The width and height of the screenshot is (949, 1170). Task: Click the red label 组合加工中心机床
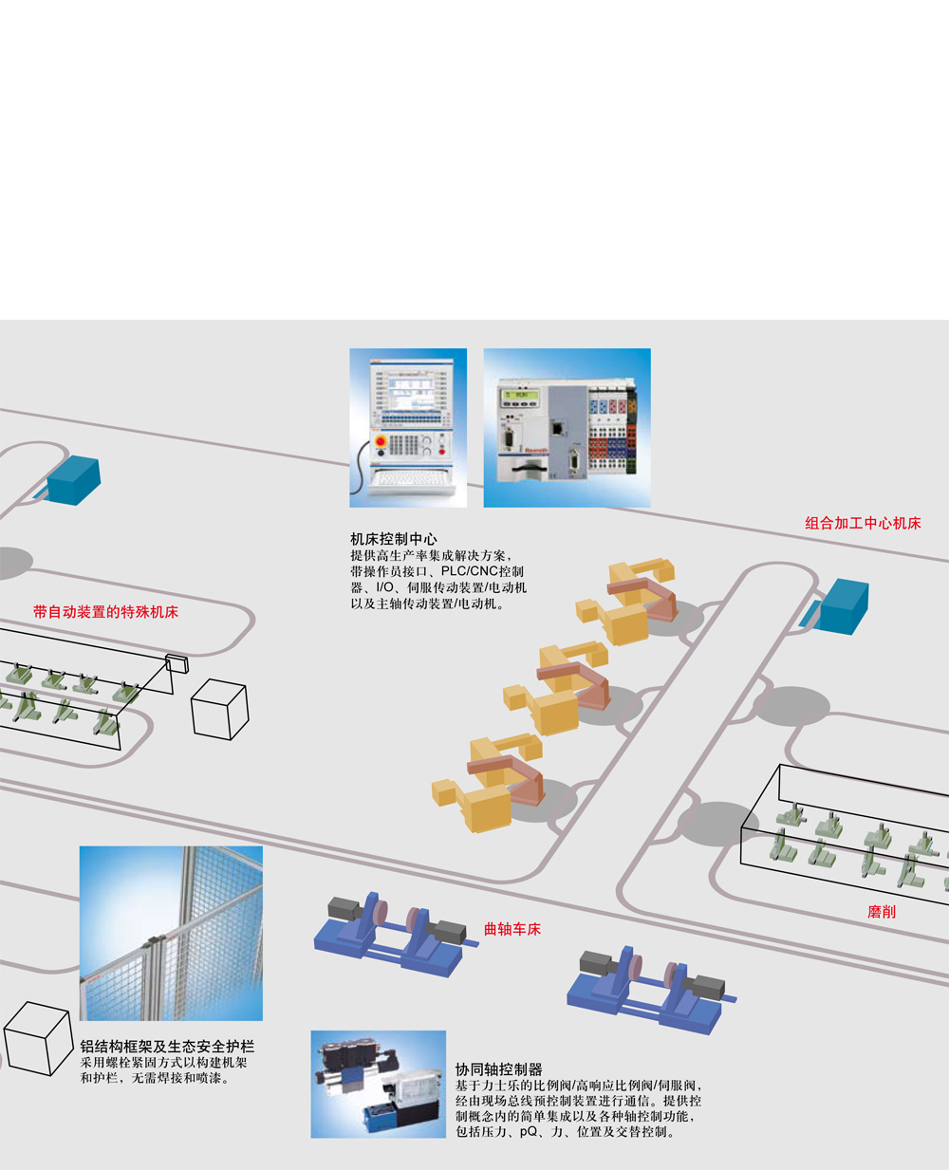click(863, 523)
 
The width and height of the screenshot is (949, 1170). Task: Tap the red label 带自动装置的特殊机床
click(105, 612)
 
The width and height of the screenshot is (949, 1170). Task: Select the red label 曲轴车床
click(512, 929)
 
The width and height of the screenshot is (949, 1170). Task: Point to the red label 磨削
click(882, 912)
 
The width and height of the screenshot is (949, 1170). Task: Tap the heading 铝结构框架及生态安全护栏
click(167, 1046)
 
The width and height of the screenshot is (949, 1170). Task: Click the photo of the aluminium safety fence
click(171, 933)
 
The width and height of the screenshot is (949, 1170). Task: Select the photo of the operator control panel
click(408, 427)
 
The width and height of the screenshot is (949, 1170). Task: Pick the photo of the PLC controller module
click(567, 427)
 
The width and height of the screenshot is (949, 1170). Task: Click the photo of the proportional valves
click(377, 1084)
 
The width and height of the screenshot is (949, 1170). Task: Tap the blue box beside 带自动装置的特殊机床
click(72, 481)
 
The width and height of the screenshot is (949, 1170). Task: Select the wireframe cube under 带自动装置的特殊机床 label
click(219, 708)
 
